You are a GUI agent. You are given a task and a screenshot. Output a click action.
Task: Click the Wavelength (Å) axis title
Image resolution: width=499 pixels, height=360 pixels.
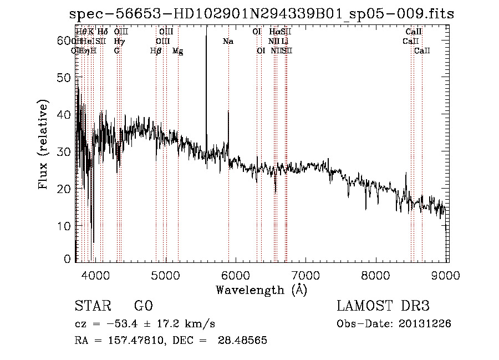(x=261, y=290)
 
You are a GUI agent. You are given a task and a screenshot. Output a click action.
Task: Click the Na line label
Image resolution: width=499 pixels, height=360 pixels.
(x=227, y=42)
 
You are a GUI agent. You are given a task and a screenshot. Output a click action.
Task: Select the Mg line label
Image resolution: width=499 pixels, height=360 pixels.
(x=178, y=51)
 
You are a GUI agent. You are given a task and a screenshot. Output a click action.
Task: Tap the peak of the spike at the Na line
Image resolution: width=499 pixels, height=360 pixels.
(x=228, y=111)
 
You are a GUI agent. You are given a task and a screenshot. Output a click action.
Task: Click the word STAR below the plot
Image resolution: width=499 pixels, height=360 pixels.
(x=91, y=306)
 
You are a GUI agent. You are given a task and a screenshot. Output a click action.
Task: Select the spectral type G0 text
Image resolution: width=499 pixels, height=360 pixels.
(x=143, y=306)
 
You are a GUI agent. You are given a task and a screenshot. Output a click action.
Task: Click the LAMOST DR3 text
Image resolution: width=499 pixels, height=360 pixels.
(x=383, y=306)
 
